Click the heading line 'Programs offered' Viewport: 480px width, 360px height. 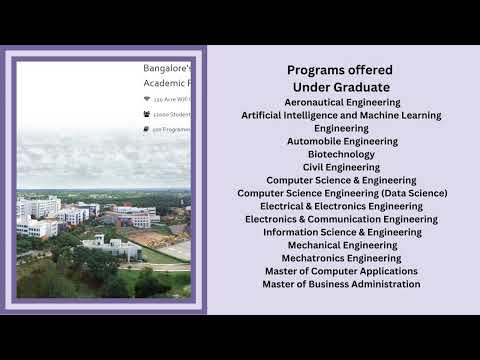click(340, 70)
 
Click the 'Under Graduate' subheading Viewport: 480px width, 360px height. click(340, 87)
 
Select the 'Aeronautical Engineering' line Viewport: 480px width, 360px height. click(342, 102)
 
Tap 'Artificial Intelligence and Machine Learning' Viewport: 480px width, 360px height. click(341, 115)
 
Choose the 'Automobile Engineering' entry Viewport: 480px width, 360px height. click(342, 142)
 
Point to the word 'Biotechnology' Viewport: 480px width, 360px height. click(342, 155)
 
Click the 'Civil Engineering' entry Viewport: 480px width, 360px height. click(342, 168)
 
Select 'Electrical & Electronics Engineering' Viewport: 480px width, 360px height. click(341, 206)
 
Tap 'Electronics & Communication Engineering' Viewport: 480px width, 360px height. click(341, 219)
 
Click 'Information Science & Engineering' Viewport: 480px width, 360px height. click(342, 232)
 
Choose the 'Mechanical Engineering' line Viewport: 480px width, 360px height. click(342, 245)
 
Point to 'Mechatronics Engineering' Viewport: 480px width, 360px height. click(342, 258)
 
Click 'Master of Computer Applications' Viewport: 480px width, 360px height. click(342, 271)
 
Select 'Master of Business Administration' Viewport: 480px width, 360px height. click(342, 284)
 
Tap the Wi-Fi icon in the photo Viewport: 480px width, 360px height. click(147, 100)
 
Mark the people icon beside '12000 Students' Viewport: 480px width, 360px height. click(147, 115)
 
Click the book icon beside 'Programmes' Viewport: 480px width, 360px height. click(147, 130)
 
